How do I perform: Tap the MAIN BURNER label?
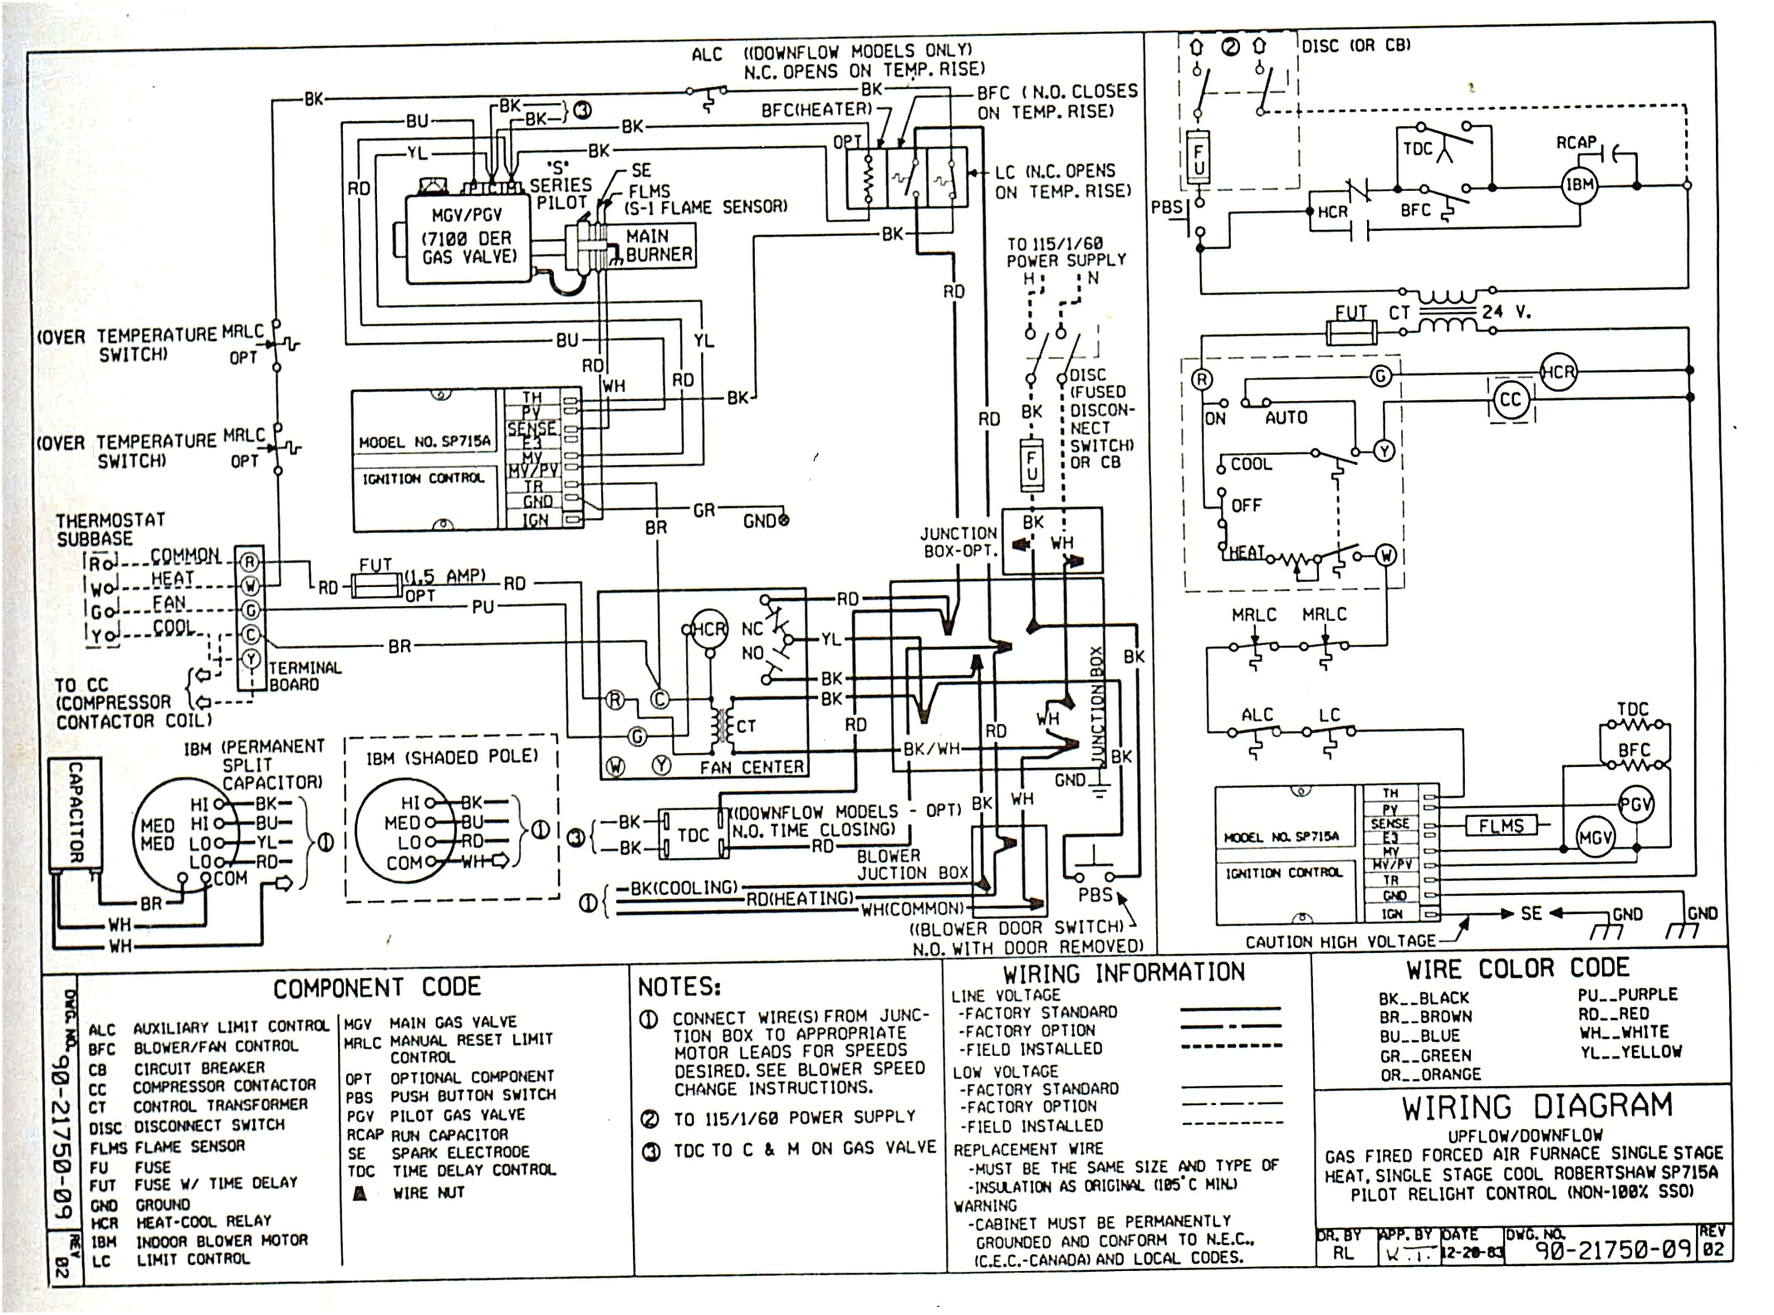pos(659,246)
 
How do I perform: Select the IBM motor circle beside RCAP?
pos(1579,184)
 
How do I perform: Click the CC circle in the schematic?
pos(1510,400)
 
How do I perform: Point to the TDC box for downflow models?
pos(693,835)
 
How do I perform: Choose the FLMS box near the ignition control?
pos(1501,826)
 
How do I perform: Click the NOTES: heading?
pos(679,987)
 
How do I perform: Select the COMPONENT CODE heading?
pos(377,987)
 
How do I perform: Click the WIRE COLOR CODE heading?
pos(1517,969)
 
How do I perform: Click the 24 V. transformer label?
pos(1506,312)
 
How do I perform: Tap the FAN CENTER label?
pos(752,767)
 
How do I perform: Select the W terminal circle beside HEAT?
pos(1386,555)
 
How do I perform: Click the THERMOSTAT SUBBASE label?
pos(110,529)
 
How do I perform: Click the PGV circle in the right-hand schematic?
pos(1635,804)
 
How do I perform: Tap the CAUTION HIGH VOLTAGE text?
pos(1340,941)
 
